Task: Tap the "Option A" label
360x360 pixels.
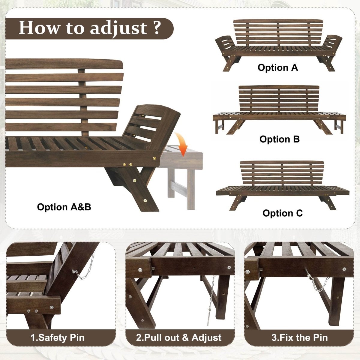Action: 278,67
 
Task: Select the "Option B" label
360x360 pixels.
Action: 279,139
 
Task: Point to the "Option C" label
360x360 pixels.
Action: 283,213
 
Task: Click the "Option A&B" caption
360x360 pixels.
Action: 64,207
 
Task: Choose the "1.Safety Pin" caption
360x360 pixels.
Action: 58,337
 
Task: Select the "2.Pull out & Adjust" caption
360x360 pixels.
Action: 179,337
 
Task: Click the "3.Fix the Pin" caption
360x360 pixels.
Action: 300,337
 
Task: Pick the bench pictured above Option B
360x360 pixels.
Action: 279,111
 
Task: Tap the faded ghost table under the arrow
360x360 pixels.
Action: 182,174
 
